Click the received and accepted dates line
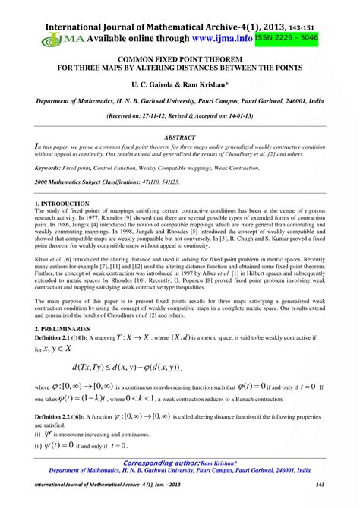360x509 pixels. click(180, 117)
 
